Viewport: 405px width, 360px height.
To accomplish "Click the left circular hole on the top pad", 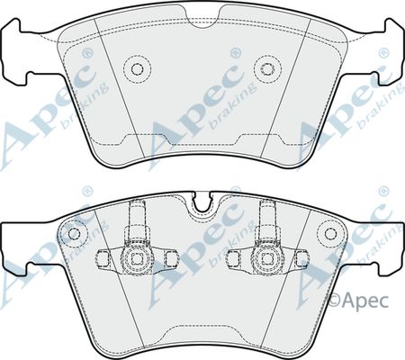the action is [x=137, y=69].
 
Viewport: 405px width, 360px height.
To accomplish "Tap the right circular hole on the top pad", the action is [x=266, y=69].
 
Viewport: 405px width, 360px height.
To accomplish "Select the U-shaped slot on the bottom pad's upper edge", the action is [x=202, y=202].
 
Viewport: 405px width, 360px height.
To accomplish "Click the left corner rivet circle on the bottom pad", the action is [x=74, y=233].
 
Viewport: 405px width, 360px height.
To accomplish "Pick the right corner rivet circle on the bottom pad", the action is [x=330, y=233].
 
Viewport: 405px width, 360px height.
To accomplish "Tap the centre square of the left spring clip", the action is [x=137, y=258].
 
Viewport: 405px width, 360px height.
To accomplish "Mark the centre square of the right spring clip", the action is [x=266, y=258].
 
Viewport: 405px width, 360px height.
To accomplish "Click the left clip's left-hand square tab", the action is [x=103, y=258].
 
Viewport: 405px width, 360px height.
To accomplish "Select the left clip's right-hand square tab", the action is [x=171, y=258].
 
